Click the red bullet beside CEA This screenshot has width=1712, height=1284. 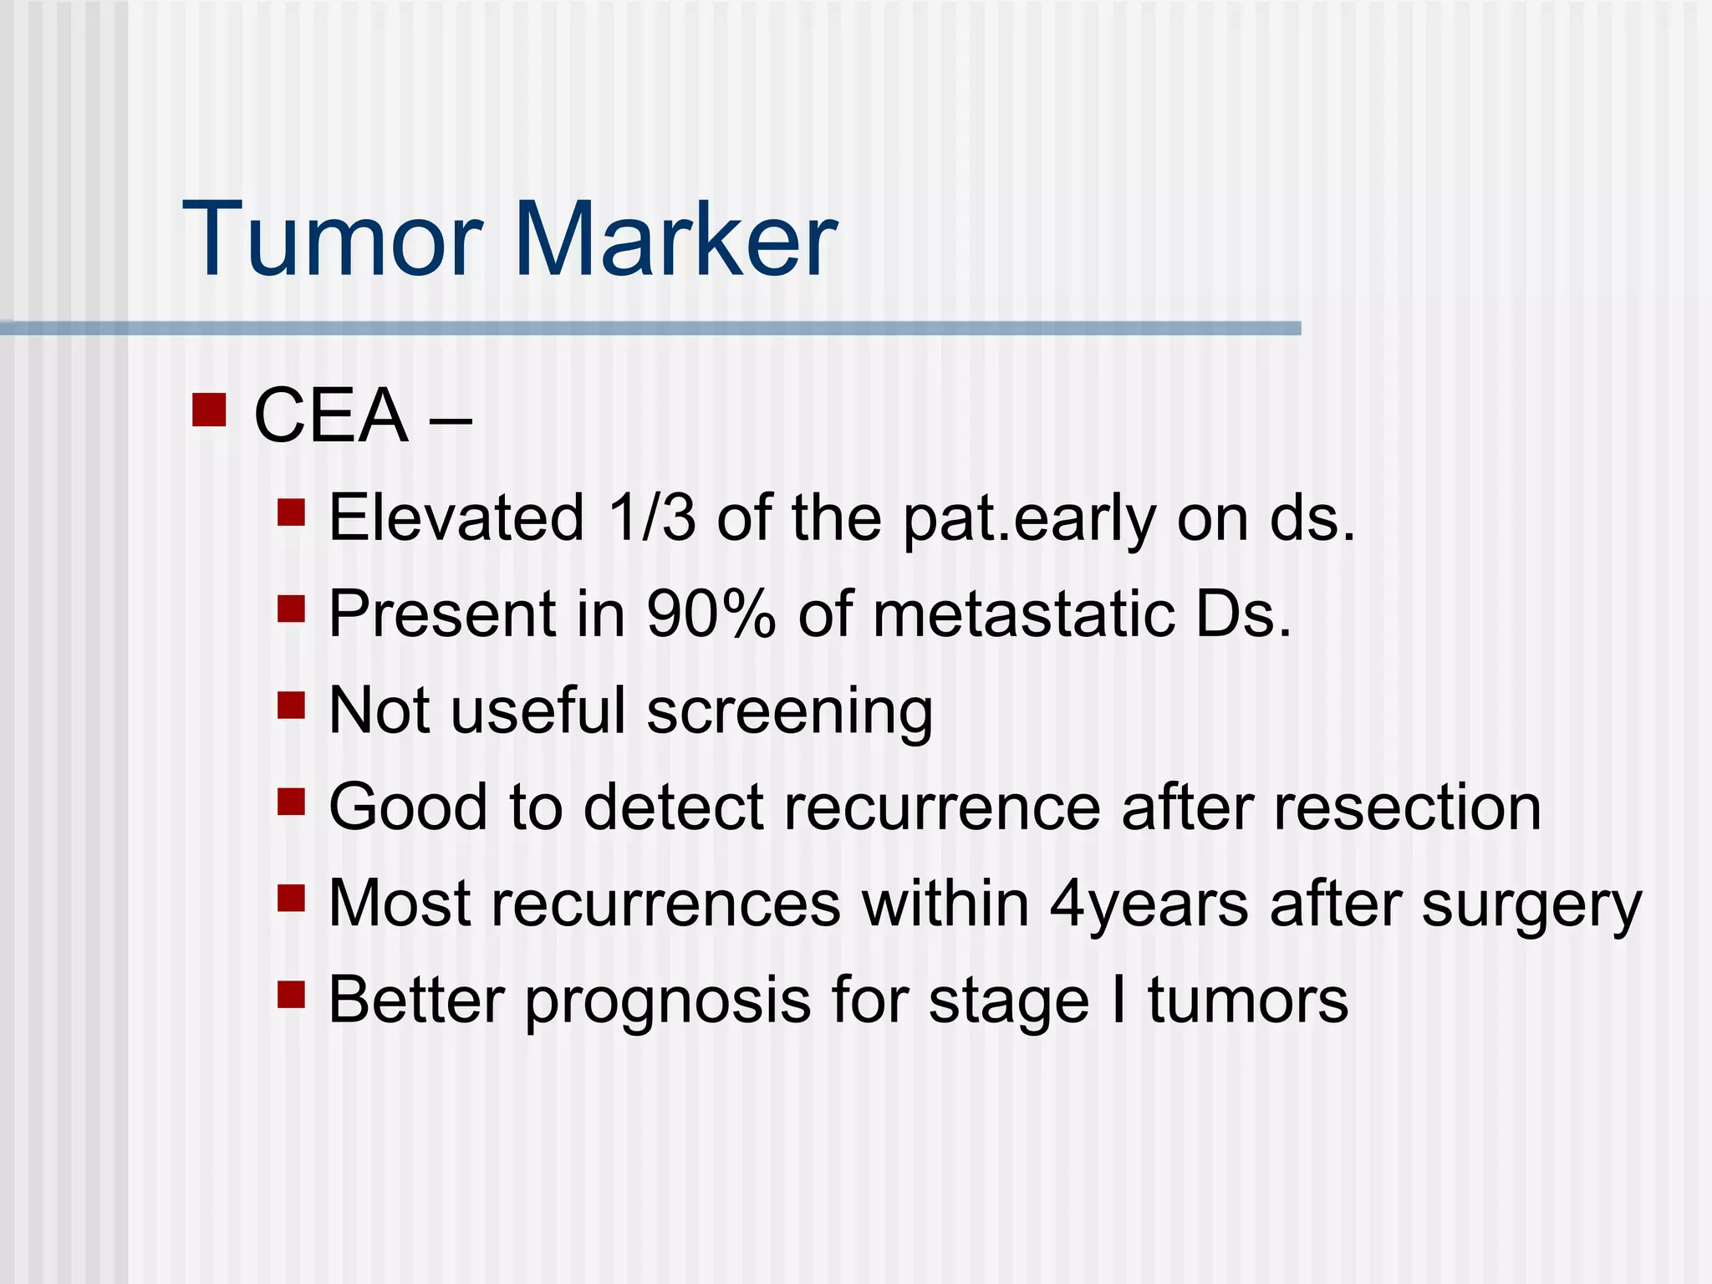pyautogui.click(x=209, y=410)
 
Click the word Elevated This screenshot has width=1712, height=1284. pyautogui.click(x=456, y=518)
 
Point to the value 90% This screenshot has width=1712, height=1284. pyautogui.click(x=711, y=614)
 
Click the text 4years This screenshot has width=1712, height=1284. pyautogui.click(x=1149, y=905)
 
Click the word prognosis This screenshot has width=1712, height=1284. pyautogui.click(x=668, y=1001)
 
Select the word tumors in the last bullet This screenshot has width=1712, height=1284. pyautogui.click(x=1247, y=1001)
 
